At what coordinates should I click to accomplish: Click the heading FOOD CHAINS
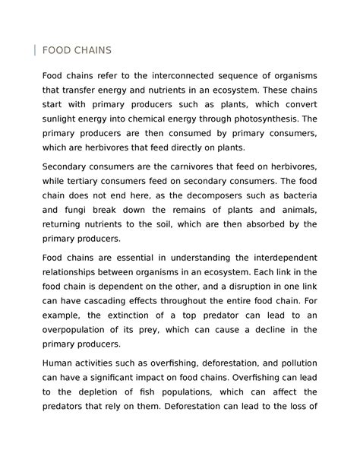pos(77,50)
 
